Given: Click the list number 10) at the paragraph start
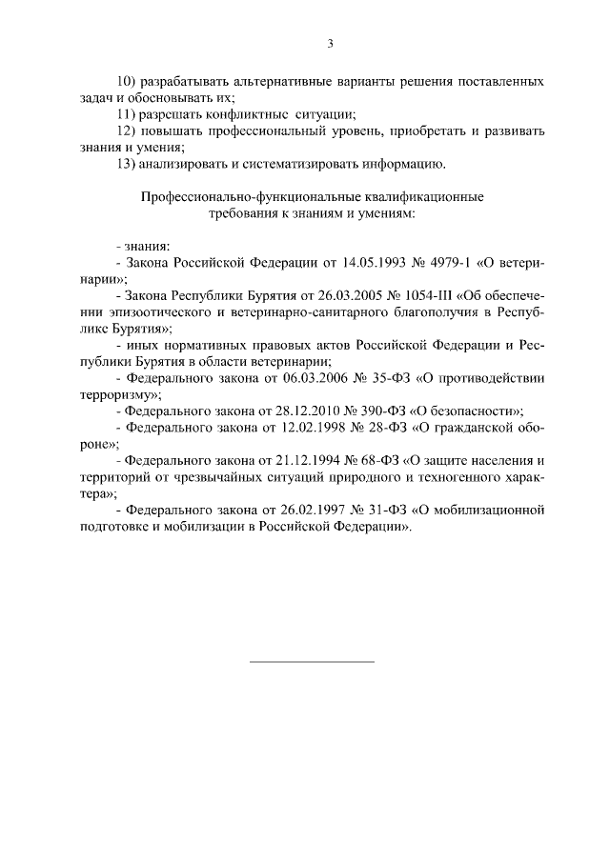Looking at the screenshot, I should coord(125,81).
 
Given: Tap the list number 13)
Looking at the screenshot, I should coord(125,164).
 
